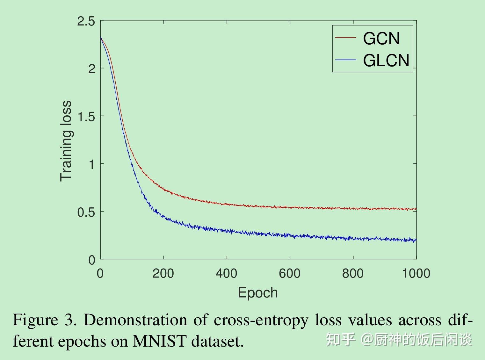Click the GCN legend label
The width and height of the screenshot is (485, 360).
(x=381, y=39)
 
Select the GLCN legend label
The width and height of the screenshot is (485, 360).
(x=386, y=60)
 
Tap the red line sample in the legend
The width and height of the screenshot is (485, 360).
(x=345, y=38)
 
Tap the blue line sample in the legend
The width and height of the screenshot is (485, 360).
(x=345, y=60)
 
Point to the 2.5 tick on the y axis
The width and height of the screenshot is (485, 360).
(x=86, y=21)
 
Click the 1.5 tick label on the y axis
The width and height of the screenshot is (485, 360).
(x=86, y=117)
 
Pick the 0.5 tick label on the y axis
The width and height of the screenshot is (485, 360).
(x=86, y=212)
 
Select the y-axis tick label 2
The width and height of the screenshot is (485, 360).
(x=92, y=69)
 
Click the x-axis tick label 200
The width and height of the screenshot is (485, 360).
(x=163, y=273)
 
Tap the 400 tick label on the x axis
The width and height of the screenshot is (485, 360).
(x=226, y=273)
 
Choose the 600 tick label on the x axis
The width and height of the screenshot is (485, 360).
(x=289, y=273)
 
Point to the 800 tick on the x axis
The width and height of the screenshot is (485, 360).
(x=353, y=273)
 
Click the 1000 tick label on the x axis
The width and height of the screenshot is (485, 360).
(x=416, y=273)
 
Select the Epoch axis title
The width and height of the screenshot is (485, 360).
(x=258, y=292)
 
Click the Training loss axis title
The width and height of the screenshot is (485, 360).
(x=66, y=141)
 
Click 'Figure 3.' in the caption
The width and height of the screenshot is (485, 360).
(x=44, y=320)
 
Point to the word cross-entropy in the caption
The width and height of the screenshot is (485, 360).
(x=261, y=320)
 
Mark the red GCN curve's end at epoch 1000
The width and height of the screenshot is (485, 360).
(x=416, y=209)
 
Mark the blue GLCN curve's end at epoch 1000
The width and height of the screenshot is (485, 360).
(x=416, y=240)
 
